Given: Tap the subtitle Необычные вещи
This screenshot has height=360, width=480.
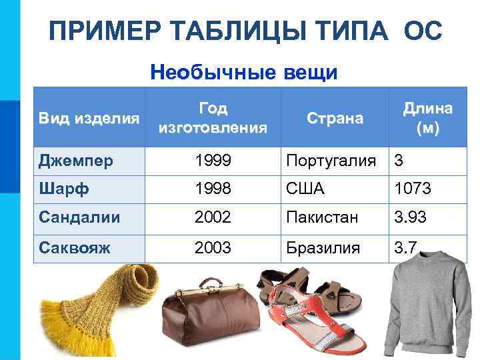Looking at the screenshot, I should (244, 71).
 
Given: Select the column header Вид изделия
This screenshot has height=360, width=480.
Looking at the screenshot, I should (89, 119).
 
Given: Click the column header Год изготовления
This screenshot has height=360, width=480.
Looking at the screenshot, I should (213, 118).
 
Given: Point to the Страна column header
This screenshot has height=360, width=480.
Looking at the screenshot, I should (335, 119).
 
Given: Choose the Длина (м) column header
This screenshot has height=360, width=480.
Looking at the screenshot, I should (427, 118).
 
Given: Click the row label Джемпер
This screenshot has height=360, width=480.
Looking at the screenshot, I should (75, 161).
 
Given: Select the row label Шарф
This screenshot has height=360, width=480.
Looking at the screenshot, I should (61, 189).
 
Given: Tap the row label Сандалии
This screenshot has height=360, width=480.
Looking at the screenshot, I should (79, 218).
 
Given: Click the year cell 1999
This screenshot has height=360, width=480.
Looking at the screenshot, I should (213, 161).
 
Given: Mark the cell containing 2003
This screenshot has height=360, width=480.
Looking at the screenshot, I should (213, 247).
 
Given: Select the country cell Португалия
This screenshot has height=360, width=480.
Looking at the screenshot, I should (332, 161).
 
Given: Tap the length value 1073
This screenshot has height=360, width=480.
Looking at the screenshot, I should (412, 189).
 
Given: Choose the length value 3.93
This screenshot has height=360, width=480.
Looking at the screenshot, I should (410, 218).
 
